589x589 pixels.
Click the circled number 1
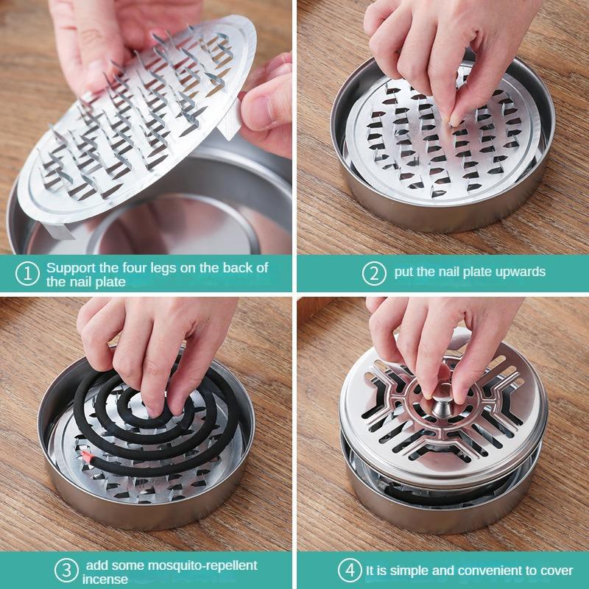click(28, 274)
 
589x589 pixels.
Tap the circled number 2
click(375, 272)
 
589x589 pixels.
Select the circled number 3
click(67, 571)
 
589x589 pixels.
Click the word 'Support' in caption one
click(69, 267)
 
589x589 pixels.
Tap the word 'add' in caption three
click(96, 565)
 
